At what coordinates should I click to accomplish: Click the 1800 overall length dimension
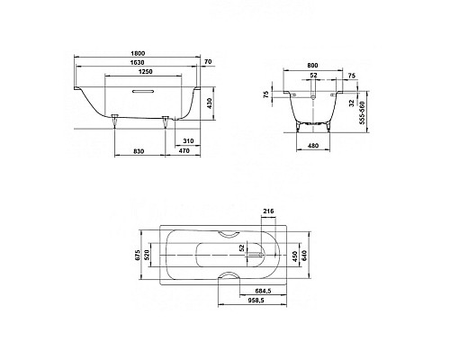point(136,55)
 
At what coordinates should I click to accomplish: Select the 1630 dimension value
point(136,65)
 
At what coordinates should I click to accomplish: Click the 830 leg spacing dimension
point(137,151)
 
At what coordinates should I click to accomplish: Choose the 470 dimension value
point(182,151)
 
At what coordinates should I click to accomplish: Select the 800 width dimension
point(312,66)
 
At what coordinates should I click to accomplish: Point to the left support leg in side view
point(115,121)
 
